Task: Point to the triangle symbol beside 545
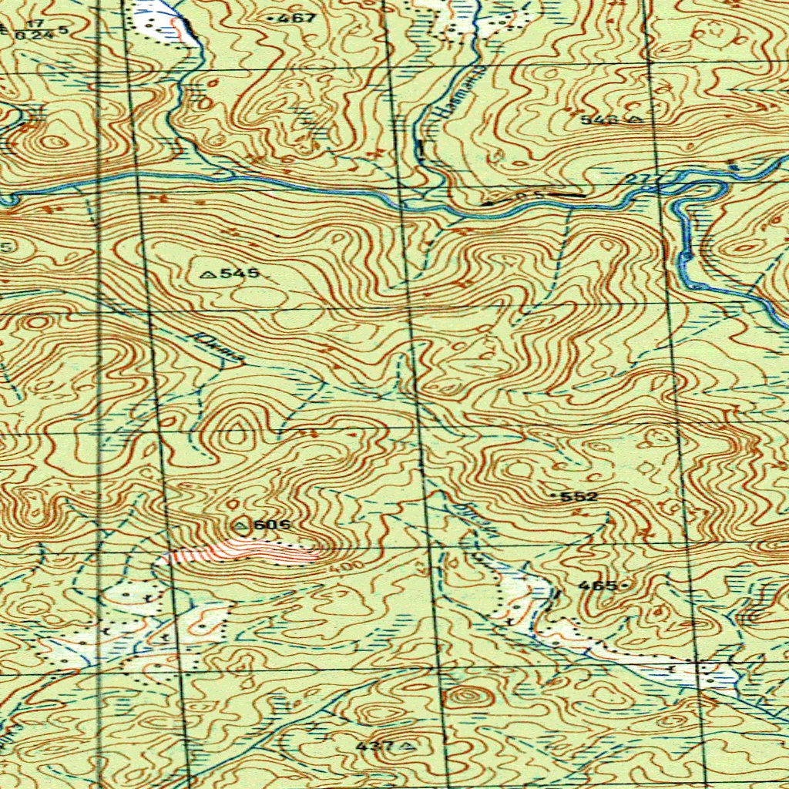[206, 274]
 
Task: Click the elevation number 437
[375, 746]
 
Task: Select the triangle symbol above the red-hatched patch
[241, 525]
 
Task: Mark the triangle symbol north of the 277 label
[636, 119]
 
